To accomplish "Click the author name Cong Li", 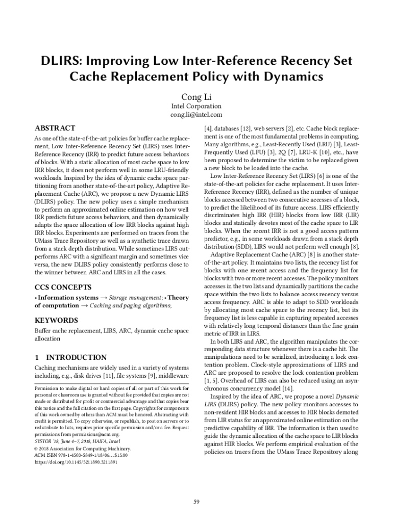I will point(196,96).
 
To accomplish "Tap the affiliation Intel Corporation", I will point(196,106).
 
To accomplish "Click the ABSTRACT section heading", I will point(55,128).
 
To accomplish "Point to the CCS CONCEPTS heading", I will point(63,287).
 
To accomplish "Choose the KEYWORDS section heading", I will point(56,320).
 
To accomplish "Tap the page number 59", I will point(196,502).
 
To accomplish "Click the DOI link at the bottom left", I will point(76,462).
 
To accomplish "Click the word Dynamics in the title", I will point(294,77).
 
